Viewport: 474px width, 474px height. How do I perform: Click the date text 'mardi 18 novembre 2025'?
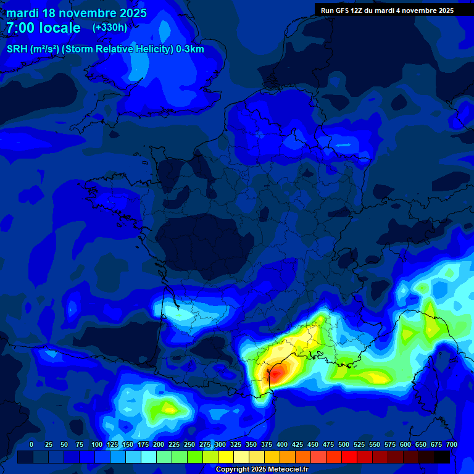pyautogui.click(x=77, y=13)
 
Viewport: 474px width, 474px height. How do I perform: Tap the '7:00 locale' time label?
pyautogui.click(x=43, y=28)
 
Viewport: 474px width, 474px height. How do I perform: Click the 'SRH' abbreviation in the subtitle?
pyautogui.click(x=17, y=49)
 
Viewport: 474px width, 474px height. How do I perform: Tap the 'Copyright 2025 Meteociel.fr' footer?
pyautogui.click(x=262, y=469)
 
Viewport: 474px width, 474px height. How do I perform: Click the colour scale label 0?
pyautogui.click(x=31, y=444)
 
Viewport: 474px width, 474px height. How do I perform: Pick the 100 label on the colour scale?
pyautogui.click(x=97, y=444)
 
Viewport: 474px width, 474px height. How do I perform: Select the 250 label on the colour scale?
pyautogui.click(x=189, y=444)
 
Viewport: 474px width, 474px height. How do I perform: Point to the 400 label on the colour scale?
pyautogui.click(x=282, y=444)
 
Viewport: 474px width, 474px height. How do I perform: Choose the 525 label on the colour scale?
pyautogui.click(x=359, y=444)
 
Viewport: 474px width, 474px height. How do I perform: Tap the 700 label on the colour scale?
pyautogui.click(x=451, y=444)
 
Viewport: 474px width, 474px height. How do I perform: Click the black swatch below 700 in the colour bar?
pyautogui.click(x=442, y=457)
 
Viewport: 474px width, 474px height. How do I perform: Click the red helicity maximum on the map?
pyautogui.click(x=278, y=372)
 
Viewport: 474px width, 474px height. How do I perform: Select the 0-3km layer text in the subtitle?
pyautogui.click(x=190, y=49)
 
